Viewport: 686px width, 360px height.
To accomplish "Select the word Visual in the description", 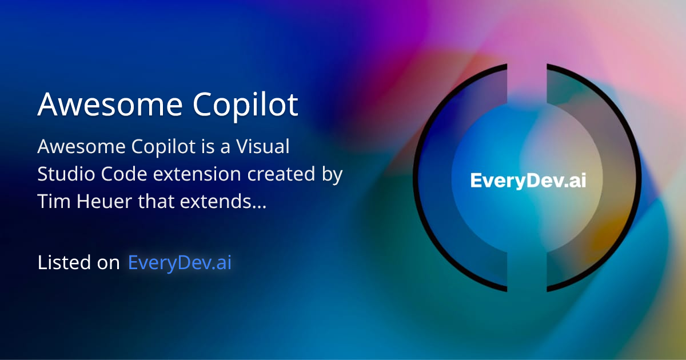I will point(266,147).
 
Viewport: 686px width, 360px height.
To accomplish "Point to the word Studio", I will point(64,174).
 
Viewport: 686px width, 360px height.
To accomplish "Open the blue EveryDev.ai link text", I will point(180,262).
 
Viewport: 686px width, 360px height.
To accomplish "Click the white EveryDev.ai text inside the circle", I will point(528,181).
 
